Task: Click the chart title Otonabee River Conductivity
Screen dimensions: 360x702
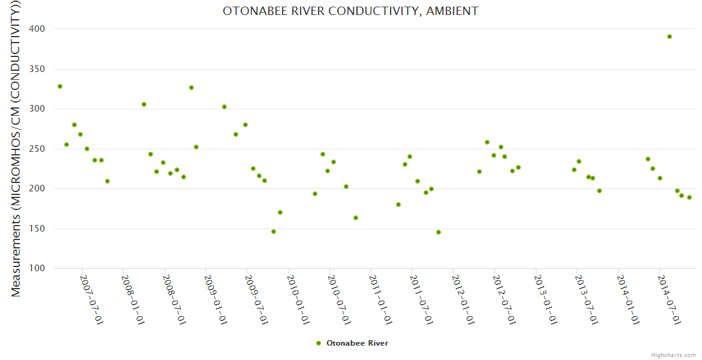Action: click(350, 11)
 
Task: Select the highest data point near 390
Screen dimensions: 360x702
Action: click(670, 37)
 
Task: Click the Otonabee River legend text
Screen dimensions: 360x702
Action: click(357, 343)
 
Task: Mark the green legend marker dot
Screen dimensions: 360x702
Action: click(319, 343)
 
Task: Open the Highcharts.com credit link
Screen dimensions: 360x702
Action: click(673, 355)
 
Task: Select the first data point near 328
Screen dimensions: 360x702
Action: click(60, 86)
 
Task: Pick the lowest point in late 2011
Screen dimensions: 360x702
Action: click(439, 232)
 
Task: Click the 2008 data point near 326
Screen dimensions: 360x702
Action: click(191, 88)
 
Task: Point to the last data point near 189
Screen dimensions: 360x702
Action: click(689, 197)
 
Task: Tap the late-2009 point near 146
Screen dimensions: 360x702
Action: click(274, 232)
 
